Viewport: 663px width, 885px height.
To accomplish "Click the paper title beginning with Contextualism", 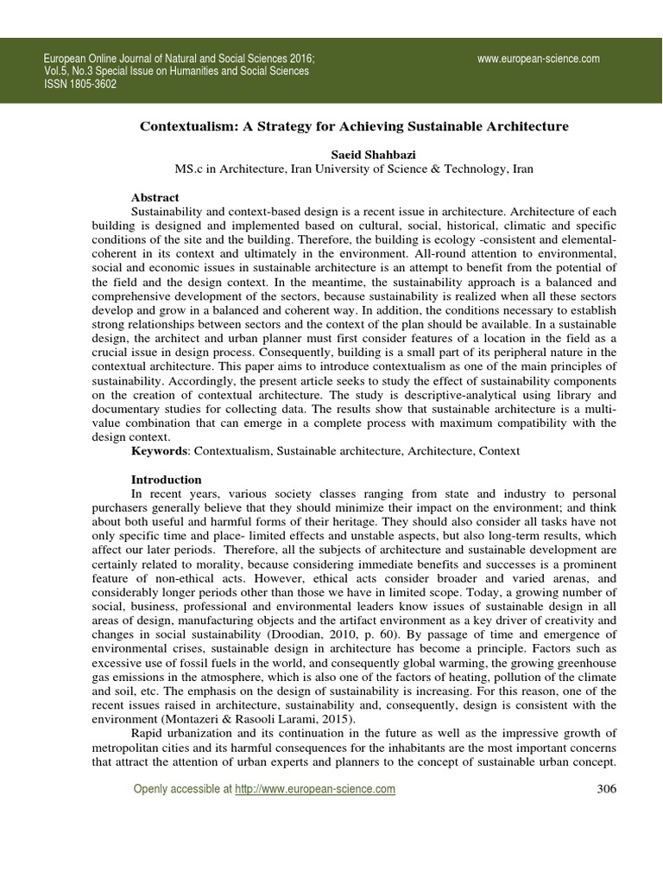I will point(354,126).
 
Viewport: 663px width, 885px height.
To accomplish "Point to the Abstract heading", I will point(155,198).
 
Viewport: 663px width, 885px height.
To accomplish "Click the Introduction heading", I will point(166,480).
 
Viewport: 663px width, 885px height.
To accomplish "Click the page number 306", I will point(607,789).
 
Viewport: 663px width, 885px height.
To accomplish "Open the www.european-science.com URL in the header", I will point(538,59).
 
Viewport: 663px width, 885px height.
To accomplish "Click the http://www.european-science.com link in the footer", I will point(315,789).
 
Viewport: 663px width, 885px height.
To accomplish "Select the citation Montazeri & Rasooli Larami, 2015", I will point(226,718).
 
